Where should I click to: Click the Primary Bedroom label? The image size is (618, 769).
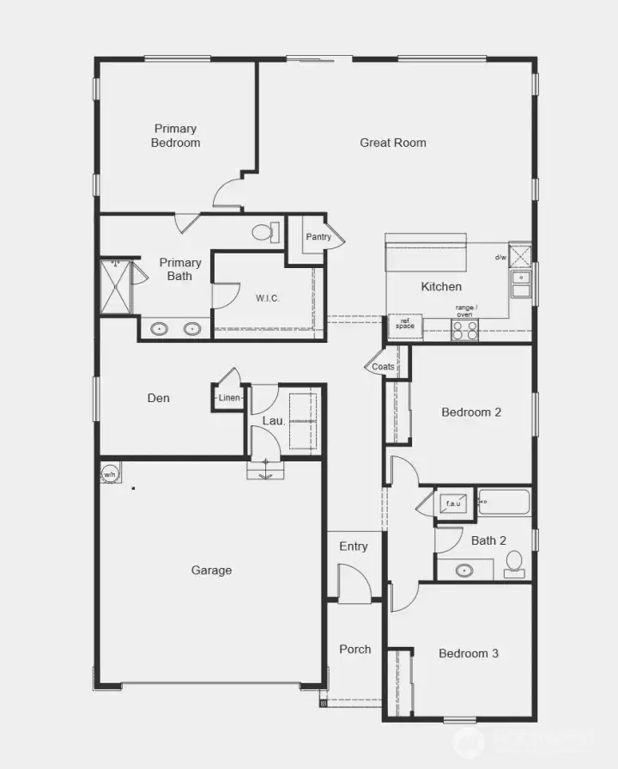(x=176, y=136)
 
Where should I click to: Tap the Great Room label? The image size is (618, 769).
(x=392, y=143)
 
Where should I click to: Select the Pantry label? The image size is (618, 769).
(x=318, y=237)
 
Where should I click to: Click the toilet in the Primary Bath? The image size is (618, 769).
(x=267, y=232)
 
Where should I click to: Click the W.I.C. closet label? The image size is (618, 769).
(x=268, y=298)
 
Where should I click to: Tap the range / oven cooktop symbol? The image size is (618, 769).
(x=464, y=330)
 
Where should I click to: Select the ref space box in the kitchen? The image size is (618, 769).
(x=404, y=324)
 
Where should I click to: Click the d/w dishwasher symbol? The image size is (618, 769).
(x=519, y=256)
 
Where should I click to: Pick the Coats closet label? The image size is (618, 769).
(x=383, y=367)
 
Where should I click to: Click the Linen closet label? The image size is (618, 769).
(x=229, y=398)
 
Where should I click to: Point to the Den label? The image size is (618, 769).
(x=159, y=398)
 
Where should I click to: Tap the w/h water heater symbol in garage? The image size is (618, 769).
(x=111, y=474)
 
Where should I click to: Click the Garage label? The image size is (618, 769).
(x=211, y=570)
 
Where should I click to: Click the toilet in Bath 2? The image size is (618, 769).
(x=514, y=564)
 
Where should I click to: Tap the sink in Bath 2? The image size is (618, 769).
(x=464, y=570)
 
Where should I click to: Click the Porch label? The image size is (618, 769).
(x=354, y=649)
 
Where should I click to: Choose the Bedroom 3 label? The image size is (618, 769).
(x=469, y=654)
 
